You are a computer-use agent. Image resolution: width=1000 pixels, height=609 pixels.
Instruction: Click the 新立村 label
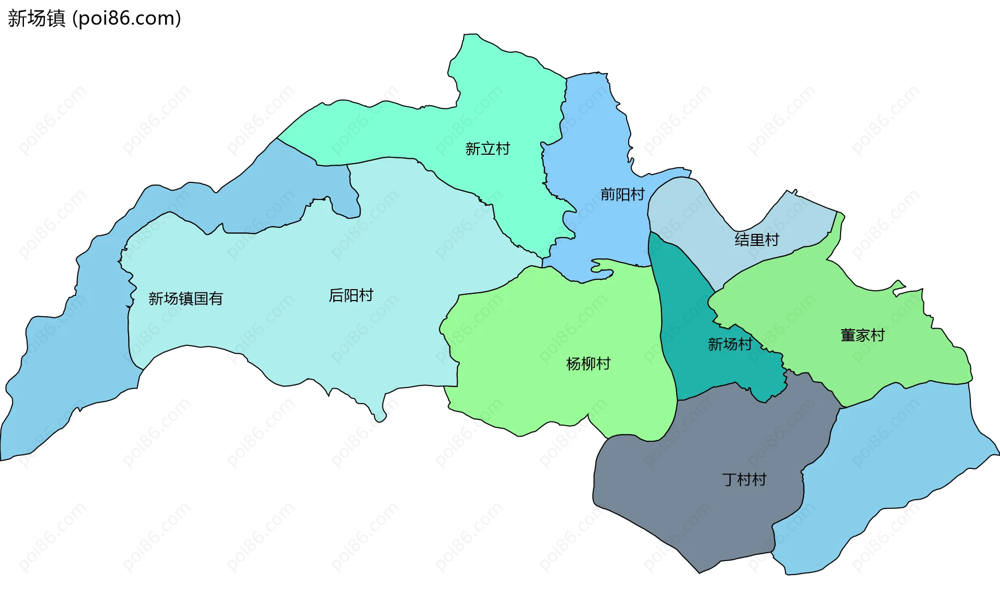[x=488, y=149]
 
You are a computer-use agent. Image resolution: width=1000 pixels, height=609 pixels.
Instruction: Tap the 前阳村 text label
[x=622, y=194]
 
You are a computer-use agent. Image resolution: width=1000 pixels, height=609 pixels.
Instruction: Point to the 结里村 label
[x=757, y=240]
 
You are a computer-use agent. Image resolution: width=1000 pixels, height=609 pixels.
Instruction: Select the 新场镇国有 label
[x=185, y=299]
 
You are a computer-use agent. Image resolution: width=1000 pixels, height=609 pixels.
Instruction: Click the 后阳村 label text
[x=351, y=295]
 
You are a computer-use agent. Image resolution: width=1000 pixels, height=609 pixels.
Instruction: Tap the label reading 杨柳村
[x=588, y=364]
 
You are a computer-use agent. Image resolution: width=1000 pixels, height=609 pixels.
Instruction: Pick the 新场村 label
[x=730, y=344]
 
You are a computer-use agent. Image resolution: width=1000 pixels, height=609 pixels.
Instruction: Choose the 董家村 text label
[x=863, y=335]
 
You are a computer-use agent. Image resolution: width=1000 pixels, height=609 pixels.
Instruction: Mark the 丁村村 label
[x=744, y=479]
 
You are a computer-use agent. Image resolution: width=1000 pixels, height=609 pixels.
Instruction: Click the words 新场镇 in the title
[x=36, y=18]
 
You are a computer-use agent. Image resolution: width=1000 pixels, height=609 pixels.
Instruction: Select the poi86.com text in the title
[x=127, y=18]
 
